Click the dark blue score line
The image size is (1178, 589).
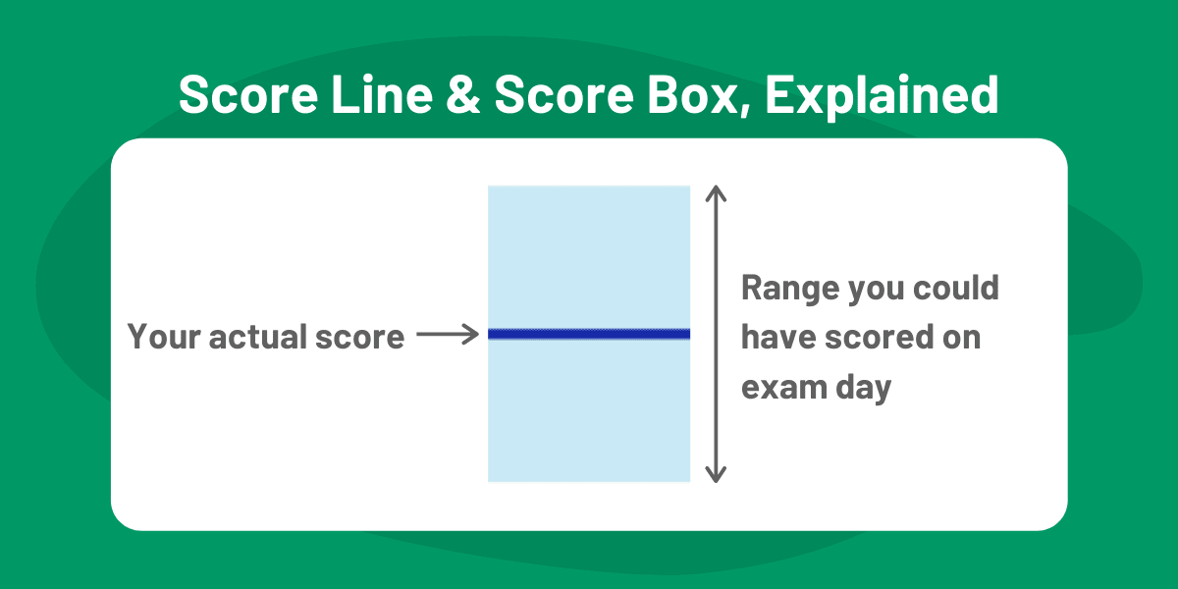click(x=589, y=335)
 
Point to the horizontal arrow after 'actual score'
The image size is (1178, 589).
click(x=447, y=336)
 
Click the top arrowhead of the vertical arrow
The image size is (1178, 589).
click(x=717, y=191)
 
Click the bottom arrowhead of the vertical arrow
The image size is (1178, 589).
click(x=717, y=475)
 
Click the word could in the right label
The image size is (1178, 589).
click(x=956, y=288)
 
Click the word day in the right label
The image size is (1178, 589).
click(x=864, y=388)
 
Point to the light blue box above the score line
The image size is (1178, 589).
click(x=589, y=255)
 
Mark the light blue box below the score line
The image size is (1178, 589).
click(x=589, y=412)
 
